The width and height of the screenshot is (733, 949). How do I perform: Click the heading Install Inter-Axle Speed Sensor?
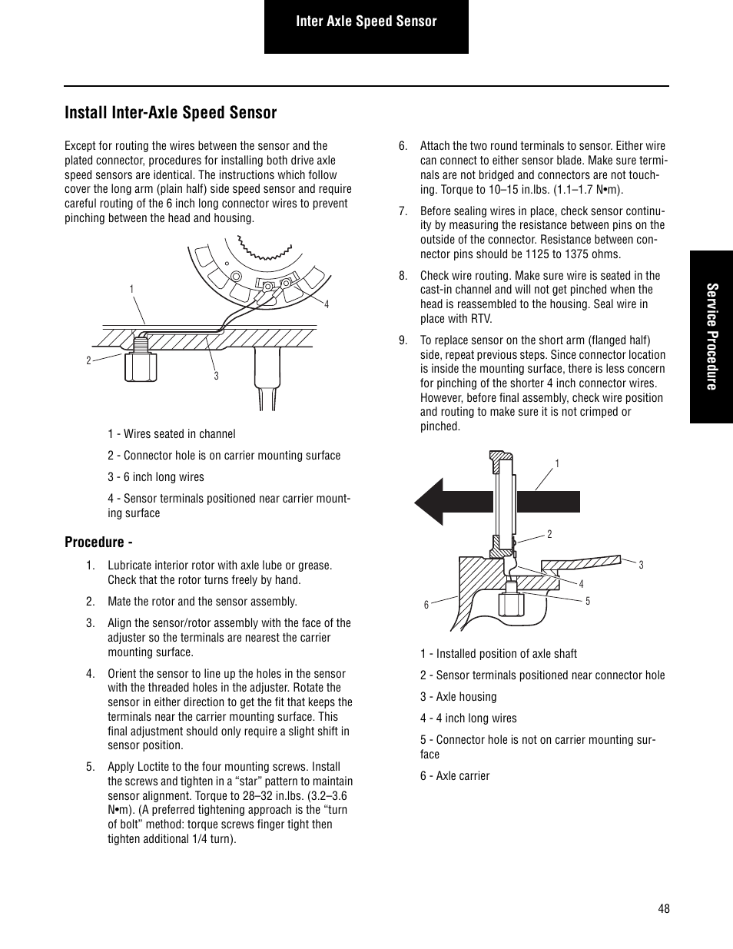(x=171, y=113)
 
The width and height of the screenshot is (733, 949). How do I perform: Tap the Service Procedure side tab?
(x=711, y=337)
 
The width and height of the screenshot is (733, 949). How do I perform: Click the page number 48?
(x=664, y=908)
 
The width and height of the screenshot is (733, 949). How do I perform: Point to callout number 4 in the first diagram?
(x=326, y=305)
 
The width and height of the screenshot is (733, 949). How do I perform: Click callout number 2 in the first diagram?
(x=88, y=360)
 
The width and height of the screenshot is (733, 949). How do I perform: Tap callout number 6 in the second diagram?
(x=426, y=606)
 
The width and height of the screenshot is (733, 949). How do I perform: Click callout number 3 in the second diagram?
(x=641, y=565)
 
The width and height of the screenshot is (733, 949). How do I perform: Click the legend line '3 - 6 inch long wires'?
(x=156, y=477)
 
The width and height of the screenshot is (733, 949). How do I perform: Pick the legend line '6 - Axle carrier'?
(x=455, y=776)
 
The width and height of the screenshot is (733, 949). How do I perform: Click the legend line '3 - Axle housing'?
(x=459, y=697)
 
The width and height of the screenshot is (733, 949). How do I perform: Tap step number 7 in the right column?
(x=403, y=211)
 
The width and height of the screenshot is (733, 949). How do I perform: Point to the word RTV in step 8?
(x=481, y=319)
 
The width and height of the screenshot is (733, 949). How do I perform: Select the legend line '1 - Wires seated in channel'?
(x=171, y=434)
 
